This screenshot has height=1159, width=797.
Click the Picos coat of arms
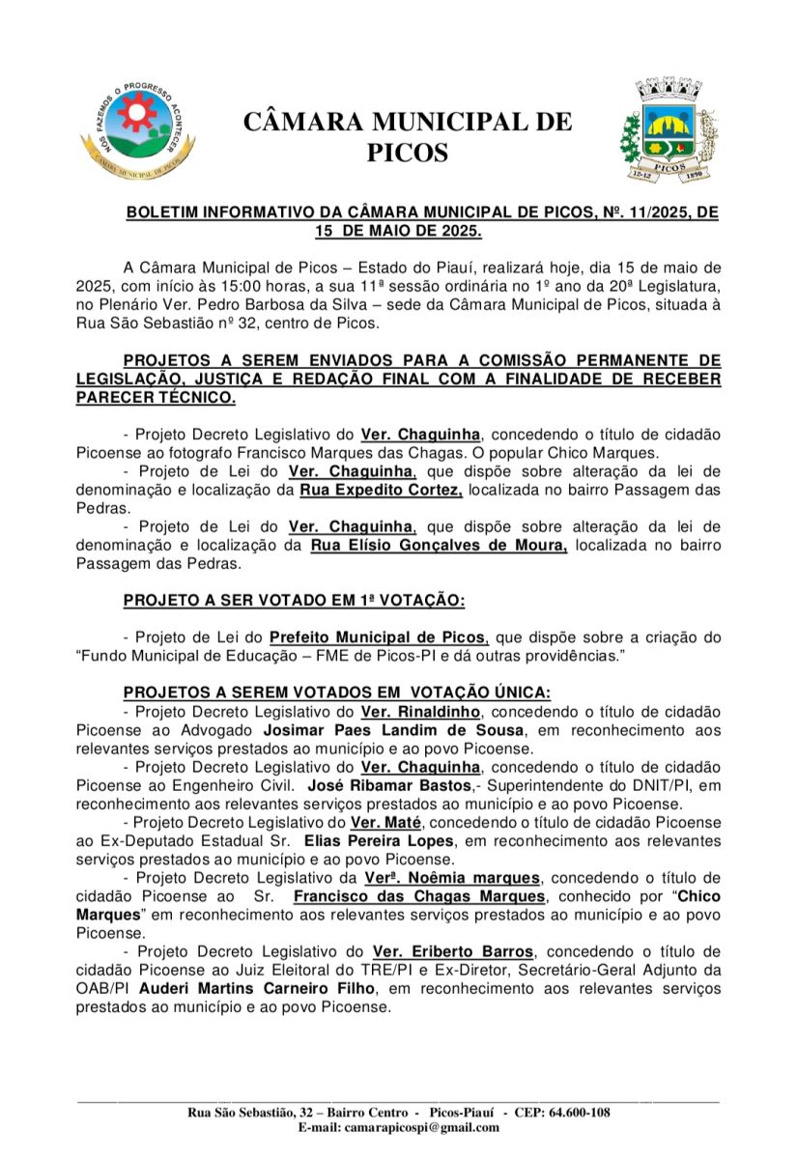click(669, 133)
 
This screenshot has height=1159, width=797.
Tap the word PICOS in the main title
click(408, 153)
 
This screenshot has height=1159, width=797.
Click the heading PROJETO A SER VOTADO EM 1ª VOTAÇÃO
click(295, 601)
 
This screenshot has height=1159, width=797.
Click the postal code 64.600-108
click(574, 1112)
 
